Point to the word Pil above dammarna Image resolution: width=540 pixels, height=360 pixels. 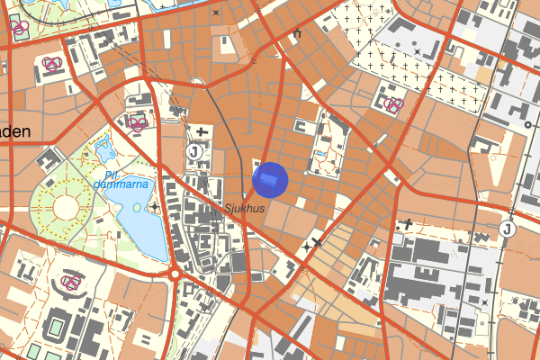click(111, 175)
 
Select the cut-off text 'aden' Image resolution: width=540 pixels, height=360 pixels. click(15, 131)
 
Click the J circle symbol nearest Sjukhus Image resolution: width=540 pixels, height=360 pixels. click(193, 152)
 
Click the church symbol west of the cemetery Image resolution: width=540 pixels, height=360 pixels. click(296, 34)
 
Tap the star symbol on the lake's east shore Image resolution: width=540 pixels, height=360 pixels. click(156, 208)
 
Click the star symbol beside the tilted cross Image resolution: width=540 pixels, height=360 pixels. click(307, 245)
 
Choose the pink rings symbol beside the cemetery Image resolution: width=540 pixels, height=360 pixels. click(393, 104)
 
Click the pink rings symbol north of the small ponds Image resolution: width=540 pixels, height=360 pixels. click(137, 123)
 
